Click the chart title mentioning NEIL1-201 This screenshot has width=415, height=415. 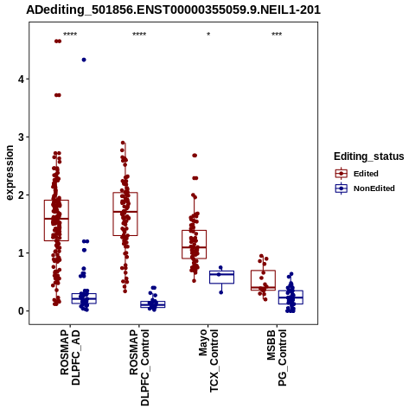(x=173, y=10)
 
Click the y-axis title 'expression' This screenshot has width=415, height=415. (x=10, y=173)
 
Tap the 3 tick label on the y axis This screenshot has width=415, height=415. (x=21, y=137)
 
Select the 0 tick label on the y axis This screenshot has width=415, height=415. (x=21, y=311)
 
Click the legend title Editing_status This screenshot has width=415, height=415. (x=369, y=156)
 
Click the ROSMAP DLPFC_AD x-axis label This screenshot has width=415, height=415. (x=70, y=357)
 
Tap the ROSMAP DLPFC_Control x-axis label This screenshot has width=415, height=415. (x=139, y=367)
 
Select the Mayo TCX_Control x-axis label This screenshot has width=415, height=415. (x=208, y=361)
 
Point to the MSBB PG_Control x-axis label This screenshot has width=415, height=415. (x=277, y=358)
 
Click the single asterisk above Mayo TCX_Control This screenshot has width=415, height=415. (x=208, y=35)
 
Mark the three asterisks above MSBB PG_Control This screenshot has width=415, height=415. (x=277, y=35)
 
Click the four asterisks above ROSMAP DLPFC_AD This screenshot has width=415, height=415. (x=70, y=35)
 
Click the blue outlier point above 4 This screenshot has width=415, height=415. (x=84, y=60)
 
